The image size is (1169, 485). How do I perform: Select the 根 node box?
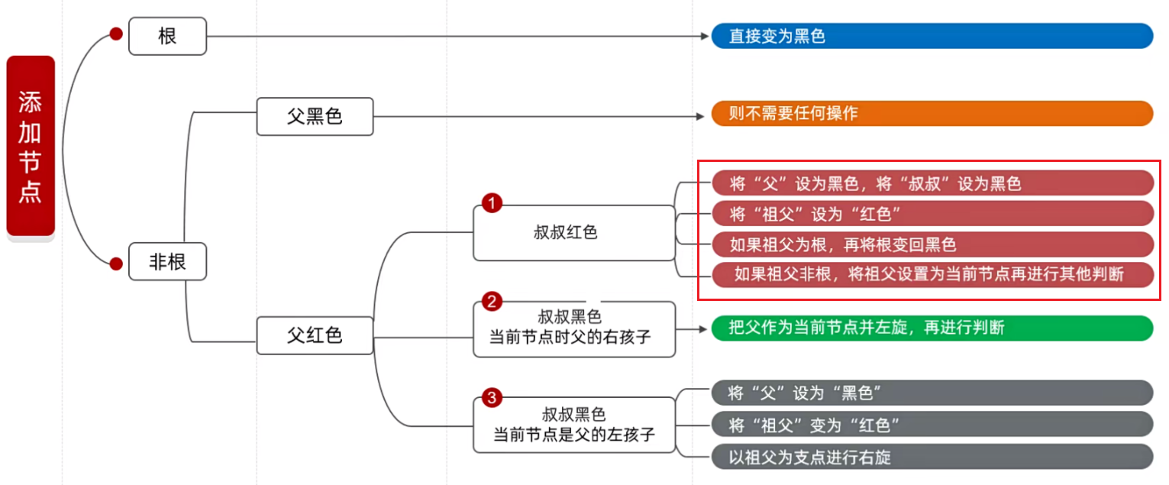[167, 36]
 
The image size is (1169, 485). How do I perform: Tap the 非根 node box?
[167, 262]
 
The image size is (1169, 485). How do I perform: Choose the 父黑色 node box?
[315, 116]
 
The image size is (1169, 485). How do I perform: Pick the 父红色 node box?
[315, 335]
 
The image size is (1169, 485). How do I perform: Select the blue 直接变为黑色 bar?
[932, 36]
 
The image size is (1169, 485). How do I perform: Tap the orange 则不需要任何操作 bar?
[932, 113]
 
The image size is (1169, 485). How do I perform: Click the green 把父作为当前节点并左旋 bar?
[932, 328]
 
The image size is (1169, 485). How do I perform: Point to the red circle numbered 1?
[492, 203]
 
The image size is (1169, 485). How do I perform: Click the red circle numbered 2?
[492, 301]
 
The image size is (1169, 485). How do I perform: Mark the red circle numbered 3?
[492, 397]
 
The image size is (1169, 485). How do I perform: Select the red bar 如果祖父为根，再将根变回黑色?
[932, 244]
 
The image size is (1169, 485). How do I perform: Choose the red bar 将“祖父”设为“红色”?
[932, 213]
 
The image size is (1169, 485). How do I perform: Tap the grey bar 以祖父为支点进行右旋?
[932, 457]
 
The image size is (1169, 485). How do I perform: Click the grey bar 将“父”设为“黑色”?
[932, 393]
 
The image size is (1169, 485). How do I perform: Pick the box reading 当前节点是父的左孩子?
[573, 425]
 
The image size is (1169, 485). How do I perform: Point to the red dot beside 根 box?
[116, 34]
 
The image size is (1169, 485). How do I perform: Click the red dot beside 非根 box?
[116, 264]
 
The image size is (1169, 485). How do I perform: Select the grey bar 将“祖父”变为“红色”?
[932, 424]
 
